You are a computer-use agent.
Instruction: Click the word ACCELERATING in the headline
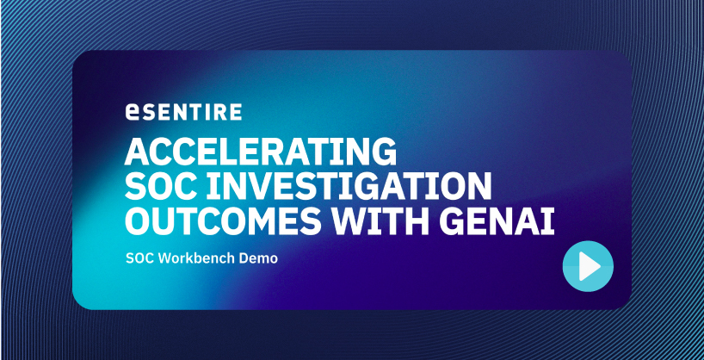(x=261, y=152)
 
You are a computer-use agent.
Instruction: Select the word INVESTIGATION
(x=349, y=188)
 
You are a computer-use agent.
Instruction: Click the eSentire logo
(x=183, y=111)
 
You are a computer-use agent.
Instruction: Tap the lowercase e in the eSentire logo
(x=133, y=112)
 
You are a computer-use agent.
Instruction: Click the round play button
(x=588, y=266)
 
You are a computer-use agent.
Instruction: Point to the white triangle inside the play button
(x=589, y=266)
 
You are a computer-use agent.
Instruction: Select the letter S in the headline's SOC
(x=136, y=188)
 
